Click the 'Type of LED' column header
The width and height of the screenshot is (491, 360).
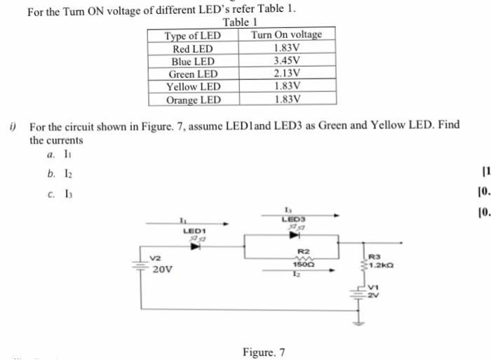click(x=192, y=35)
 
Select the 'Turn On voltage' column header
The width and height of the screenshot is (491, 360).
click(x=286, y=35)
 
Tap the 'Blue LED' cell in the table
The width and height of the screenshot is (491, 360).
click(x=193, y=61)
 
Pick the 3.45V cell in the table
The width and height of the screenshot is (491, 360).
click(x=286, y=61)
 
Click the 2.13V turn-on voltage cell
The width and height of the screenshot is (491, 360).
click(x=286, y=74)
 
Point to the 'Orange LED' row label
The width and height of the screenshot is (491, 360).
click(x=193, y=100)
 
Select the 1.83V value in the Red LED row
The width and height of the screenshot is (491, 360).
click(x=286, y=48)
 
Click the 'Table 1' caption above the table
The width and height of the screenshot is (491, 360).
click(x=241, y=22)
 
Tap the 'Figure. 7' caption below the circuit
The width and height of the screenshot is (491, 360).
click(x=264, y=352)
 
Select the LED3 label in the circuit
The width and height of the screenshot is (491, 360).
click(x=290, y=219)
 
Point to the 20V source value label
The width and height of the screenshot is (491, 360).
click(x=163, y=269)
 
